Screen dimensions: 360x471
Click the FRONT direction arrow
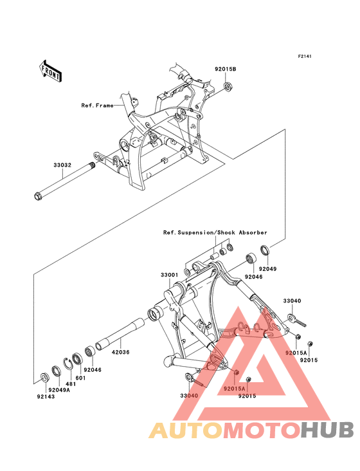pyautogui.click(x=50, y=71)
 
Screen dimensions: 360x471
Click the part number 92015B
pyautogui.click(x=225, y=69)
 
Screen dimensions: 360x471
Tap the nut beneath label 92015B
pyautogui.click(x=229, y=88)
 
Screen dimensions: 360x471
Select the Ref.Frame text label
pyautogui.click(x=98, y=106)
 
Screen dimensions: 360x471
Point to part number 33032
pyautogui.click(x=62, y=165)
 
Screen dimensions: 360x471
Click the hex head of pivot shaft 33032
pyautogui.click(x=37, y=196)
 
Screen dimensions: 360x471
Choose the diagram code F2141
pyautogui.click(x=305, y=56)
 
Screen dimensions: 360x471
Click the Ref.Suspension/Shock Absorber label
pyautogui.click(x=215, y=232)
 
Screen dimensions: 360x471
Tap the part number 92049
pyautogui.click(x=268, y=269)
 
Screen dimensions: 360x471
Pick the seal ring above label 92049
pyautogui.click(x=265, y=250)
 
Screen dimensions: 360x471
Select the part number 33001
pyautogui.click(x=169, y=275)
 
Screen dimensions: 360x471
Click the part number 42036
pyautogui.click(x=121, y=352)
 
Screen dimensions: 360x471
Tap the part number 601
pyautogui.click(x=80, y=378)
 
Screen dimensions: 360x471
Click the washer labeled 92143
pyautogui.click(x=44, y=377)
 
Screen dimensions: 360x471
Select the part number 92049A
pyautogui.click(x=59, y=390)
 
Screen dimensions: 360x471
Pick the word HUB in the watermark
pyautogui.click(x=328, y=430)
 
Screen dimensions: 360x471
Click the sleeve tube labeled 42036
pyautogui.click(x=120, y=333)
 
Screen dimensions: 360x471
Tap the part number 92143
pyautogui.click(x=46, y=396)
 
